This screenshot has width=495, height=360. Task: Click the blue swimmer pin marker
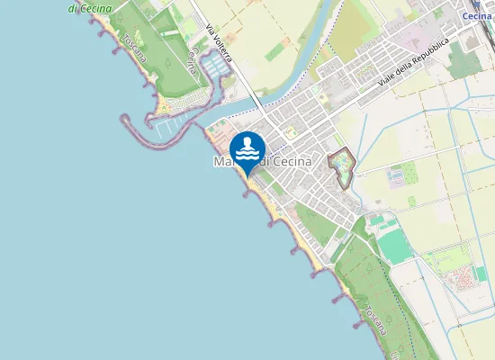tap(247, 151)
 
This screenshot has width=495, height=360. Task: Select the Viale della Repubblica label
tap(413, 63)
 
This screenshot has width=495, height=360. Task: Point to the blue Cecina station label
tap(477, 16)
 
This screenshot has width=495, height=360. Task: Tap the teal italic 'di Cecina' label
tap(90, 8)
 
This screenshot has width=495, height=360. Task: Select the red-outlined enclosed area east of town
tap(342, 167)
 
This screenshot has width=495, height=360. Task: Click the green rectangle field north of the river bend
tap(275, 54)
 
